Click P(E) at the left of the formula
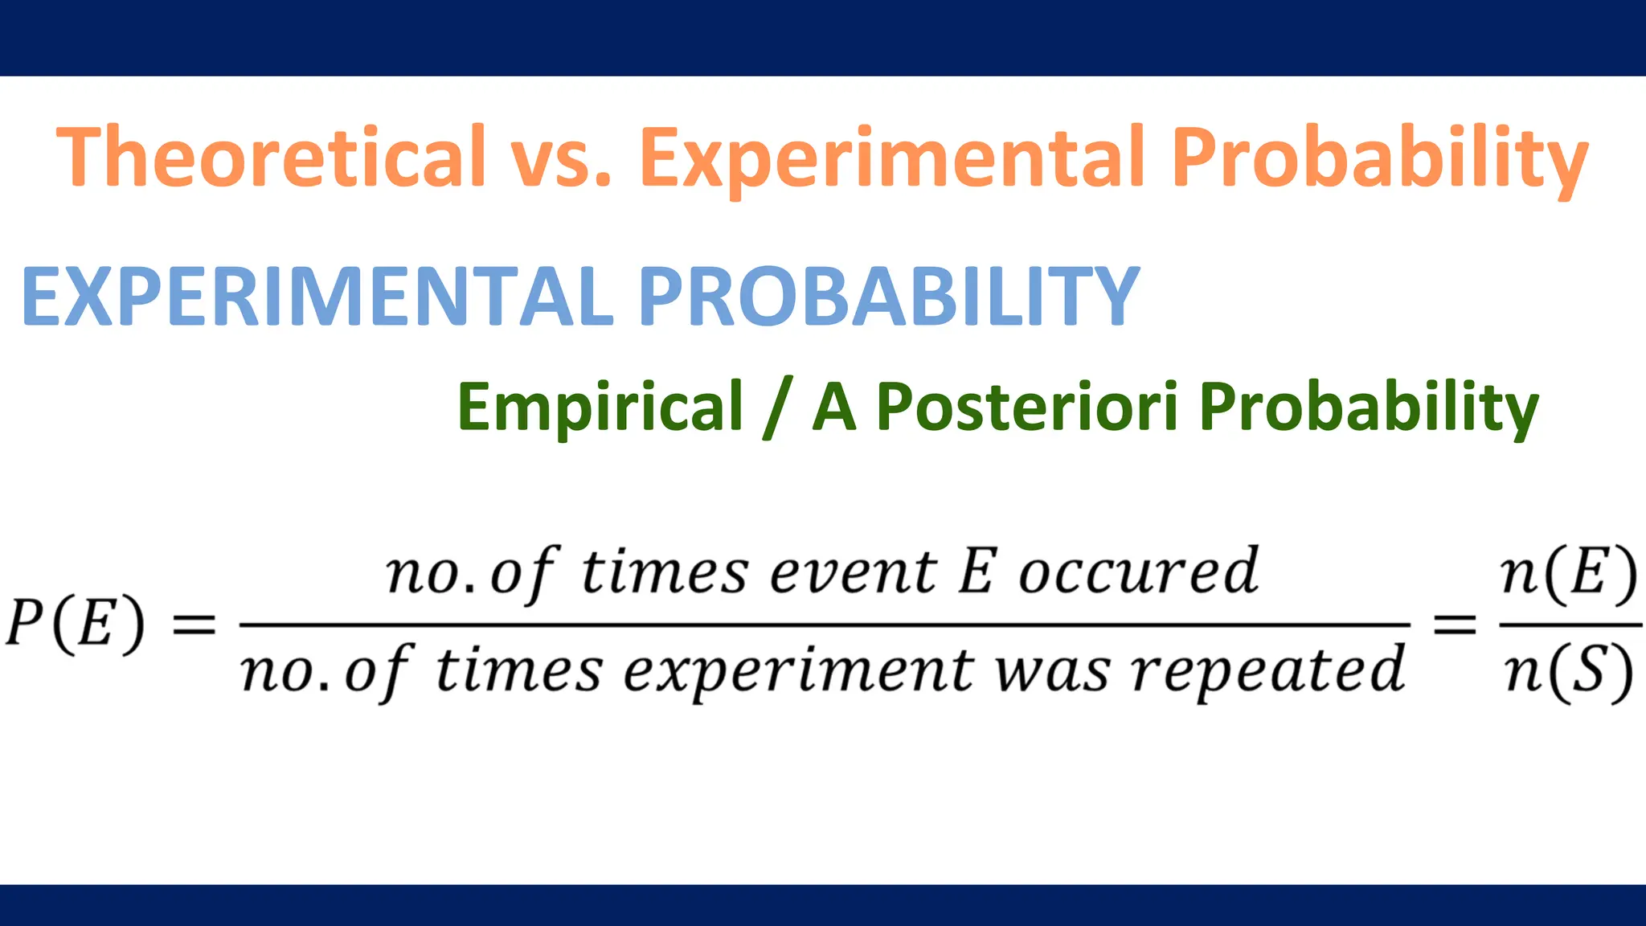(x=76, y=624)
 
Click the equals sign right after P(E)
(x=194, y=625)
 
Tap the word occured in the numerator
(x=1138, y=572)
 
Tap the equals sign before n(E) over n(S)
(x=1455, y=625)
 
